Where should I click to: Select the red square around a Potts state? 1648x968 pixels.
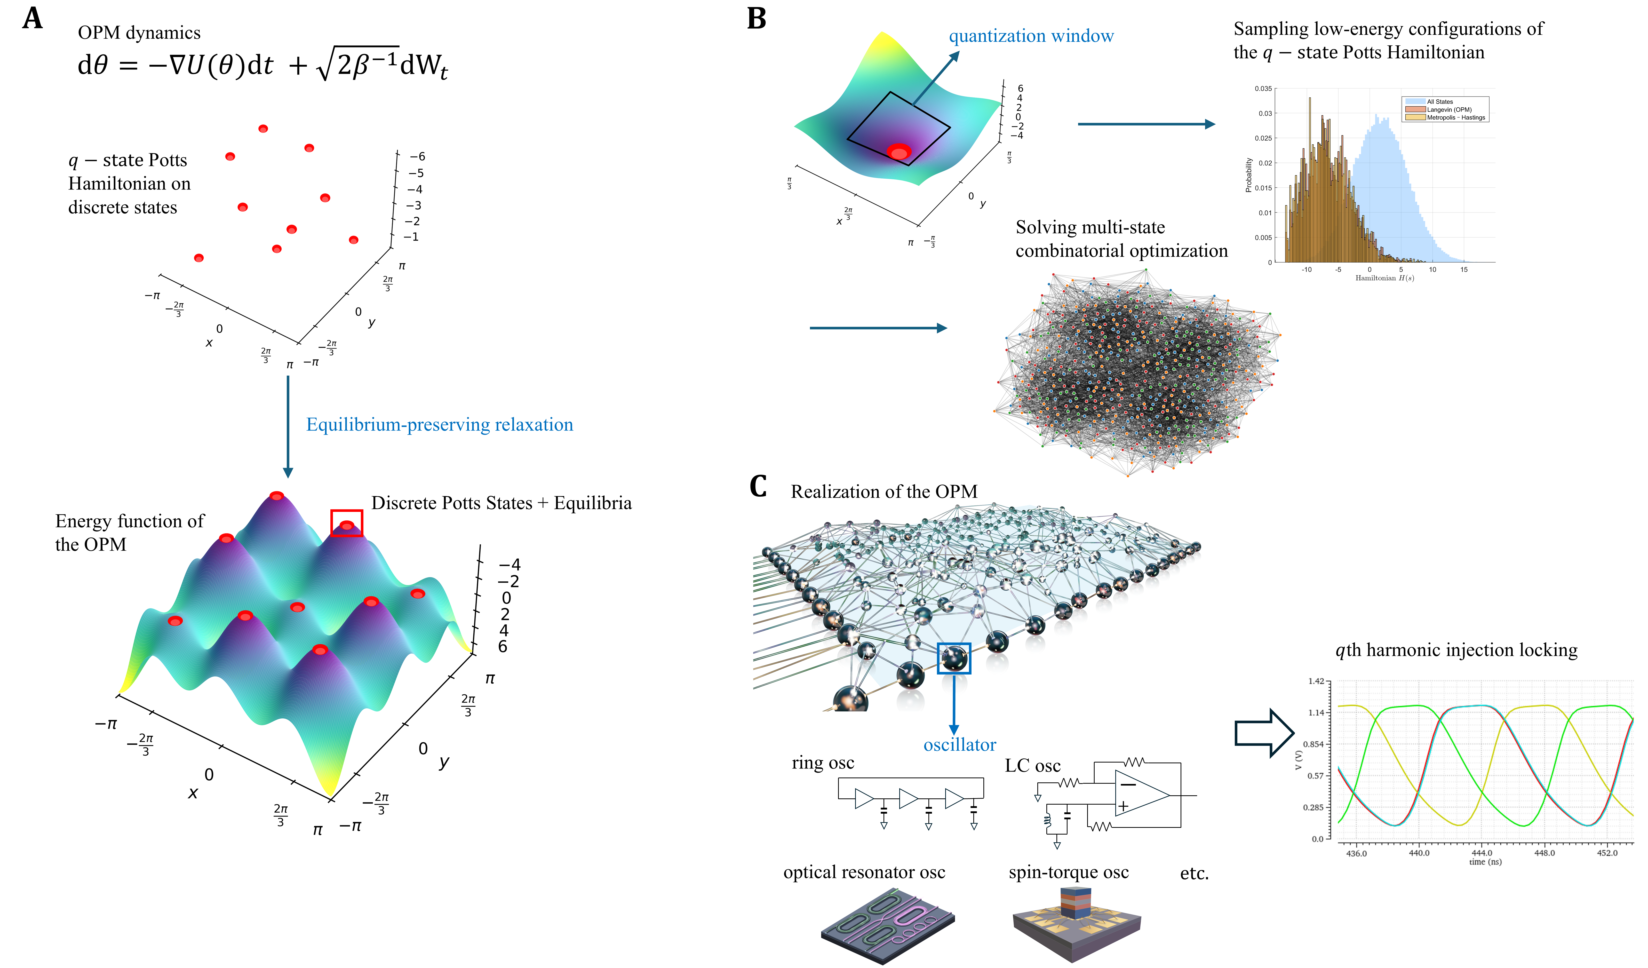click(347, 523)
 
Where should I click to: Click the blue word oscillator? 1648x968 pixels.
click(959, 745)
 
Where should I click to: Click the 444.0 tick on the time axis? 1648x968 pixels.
click(1482, 853)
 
